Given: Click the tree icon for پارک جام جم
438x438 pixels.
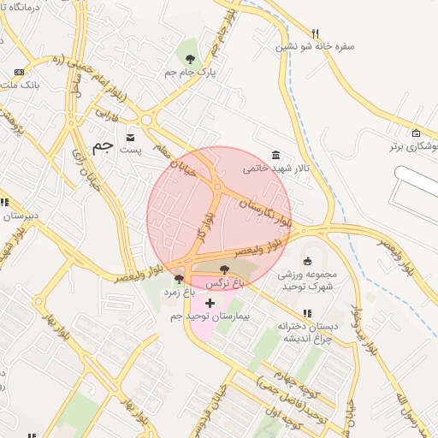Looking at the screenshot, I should click(x=190, y=59).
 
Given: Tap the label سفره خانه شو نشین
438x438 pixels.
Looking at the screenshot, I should click(x=315, y=46).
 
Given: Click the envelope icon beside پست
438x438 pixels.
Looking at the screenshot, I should click(x=130, y=136).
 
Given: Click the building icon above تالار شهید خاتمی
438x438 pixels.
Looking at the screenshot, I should click(x=275, y=154).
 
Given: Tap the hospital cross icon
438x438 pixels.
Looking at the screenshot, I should click(x=210, y=303).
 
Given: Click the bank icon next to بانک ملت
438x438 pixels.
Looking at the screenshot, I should click(x=20, y=73).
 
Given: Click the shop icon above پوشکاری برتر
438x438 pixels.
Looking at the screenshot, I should click(x=416, y=133).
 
